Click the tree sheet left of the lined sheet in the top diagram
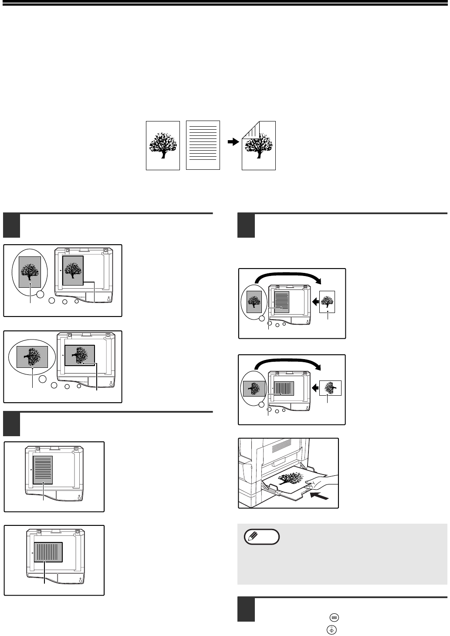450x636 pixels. point(162,145)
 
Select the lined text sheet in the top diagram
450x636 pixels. point(203,145)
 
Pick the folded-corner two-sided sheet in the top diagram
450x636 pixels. point(259,145)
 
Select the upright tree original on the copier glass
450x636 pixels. point(73,270)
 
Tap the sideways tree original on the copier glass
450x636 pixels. point(79,355)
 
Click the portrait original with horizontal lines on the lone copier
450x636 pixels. point(43,470)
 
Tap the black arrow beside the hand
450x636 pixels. point(319,495)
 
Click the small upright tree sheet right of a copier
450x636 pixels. point(327,301)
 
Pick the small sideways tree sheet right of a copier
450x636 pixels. point(330,387)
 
